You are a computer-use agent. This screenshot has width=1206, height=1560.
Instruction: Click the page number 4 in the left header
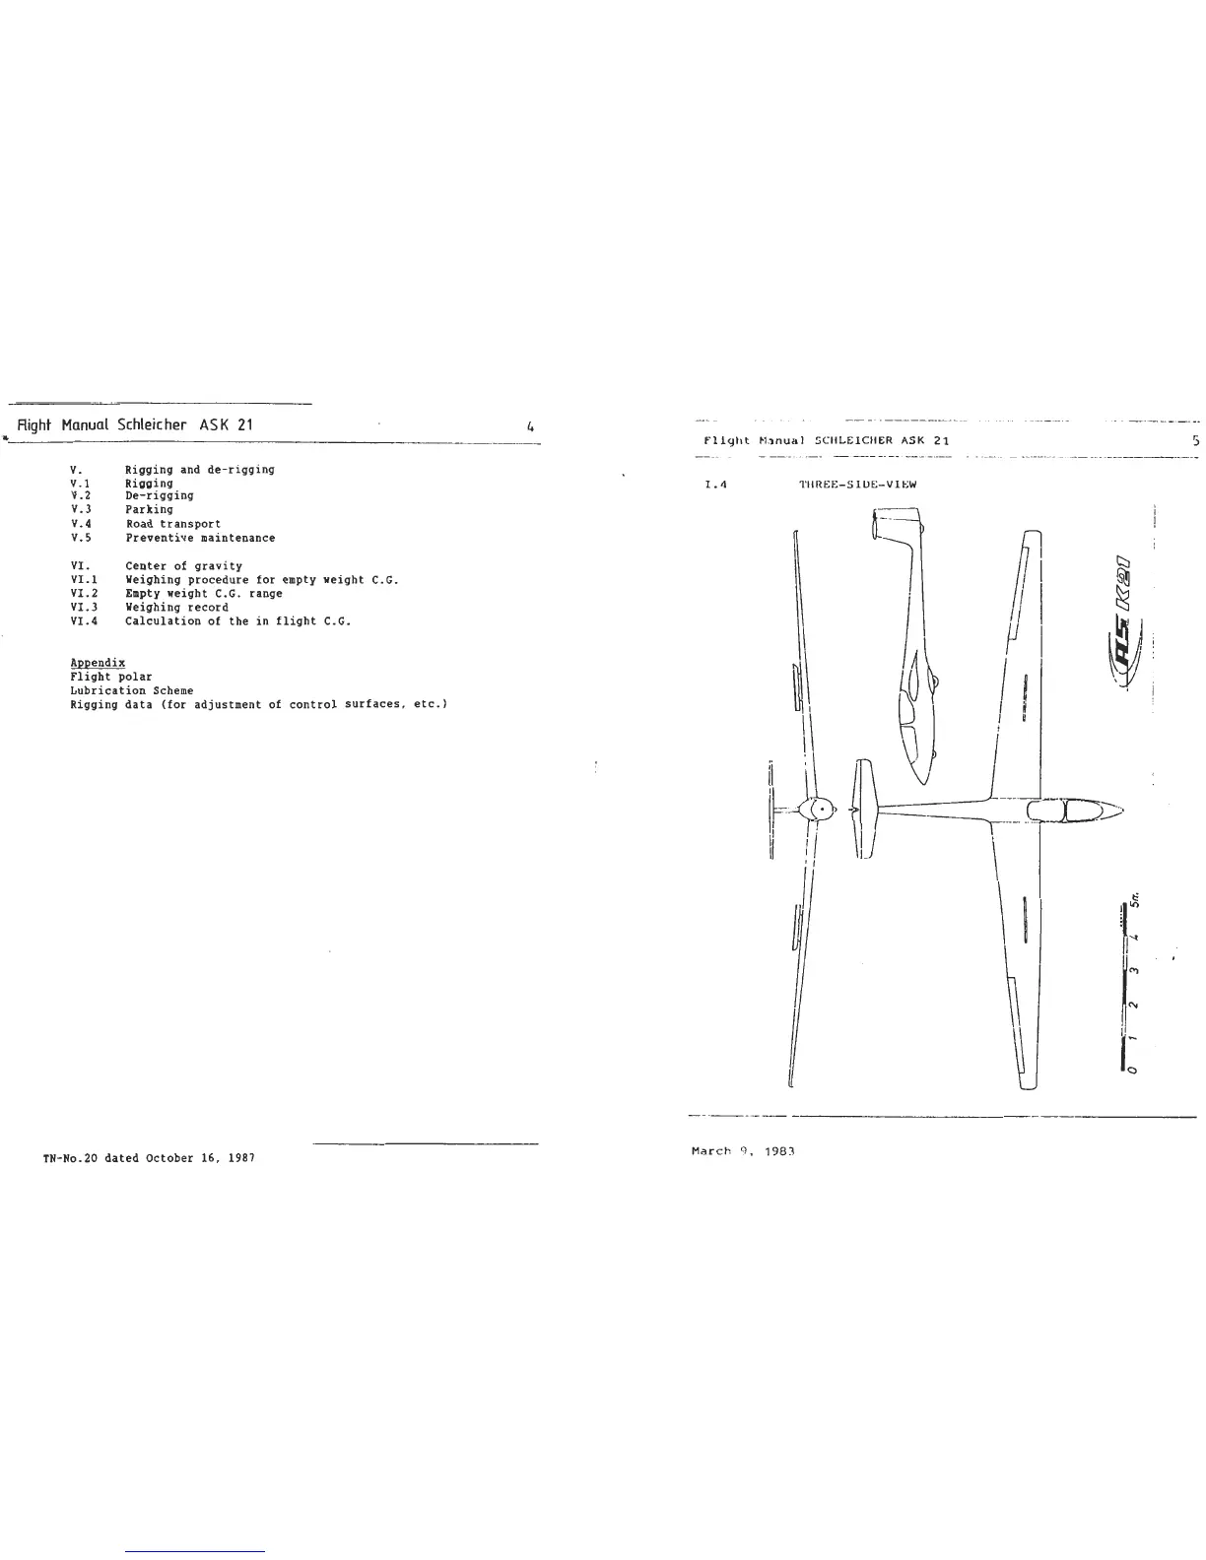point(530,427)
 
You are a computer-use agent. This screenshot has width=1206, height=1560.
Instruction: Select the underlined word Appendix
point(98,663)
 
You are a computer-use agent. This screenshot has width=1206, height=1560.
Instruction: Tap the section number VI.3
point(84,608)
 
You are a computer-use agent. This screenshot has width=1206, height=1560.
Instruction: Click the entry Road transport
point(173,524)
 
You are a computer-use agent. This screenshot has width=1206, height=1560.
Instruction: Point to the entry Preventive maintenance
point(200,538)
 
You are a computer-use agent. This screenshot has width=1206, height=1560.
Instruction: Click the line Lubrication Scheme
point(131,690)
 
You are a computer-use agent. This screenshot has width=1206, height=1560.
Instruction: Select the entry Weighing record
point(176,608)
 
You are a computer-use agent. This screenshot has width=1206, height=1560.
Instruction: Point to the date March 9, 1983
point(744,1150)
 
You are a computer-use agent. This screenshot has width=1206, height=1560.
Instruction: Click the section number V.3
point(81,509)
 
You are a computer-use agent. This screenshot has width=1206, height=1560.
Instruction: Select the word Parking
point(149,509)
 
